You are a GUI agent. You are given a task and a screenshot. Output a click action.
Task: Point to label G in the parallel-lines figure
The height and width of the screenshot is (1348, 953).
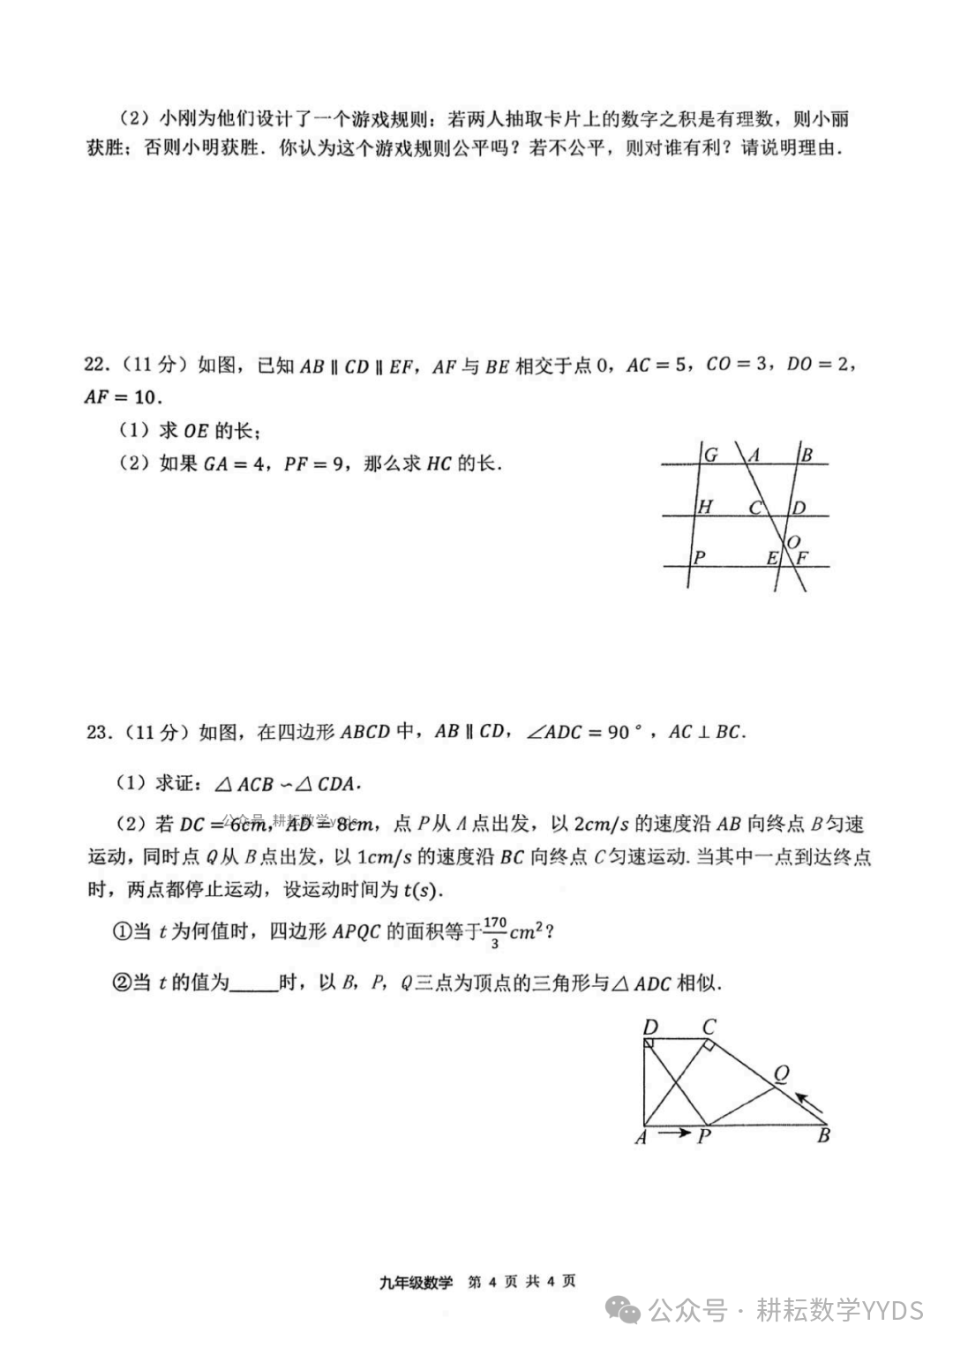pos(710,456)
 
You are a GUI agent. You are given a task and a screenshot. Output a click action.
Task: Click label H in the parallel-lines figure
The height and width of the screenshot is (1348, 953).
pos(705,507)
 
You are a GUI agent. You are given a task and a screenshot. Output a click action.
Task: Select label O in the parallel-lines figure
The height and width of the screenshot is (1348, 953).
pos(793,541)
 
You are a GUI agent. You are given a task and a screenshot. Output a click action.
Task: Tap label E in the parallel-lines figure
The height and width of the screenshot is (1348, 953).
pos(772,558)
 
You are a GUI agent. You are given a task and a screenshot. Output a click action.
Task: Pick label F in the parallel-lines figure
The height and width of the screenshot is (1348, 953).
pos(802,558)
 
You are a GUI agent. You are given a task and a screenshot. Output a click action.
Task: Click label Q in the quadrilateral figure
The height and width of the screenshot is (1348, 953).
pos(781,1073)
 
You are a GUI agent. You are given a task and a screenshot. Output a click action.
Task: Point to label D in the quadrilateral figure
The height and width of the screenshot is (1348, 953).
pos(651,1028)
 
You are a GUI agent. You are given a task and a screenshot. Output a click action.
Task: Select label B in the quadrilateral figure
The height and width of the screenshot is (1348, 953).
pos(822,1135)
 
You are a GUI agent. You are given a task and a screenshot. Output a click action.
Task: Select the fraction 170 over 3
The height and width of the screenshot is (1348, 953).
pos(495,931)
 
